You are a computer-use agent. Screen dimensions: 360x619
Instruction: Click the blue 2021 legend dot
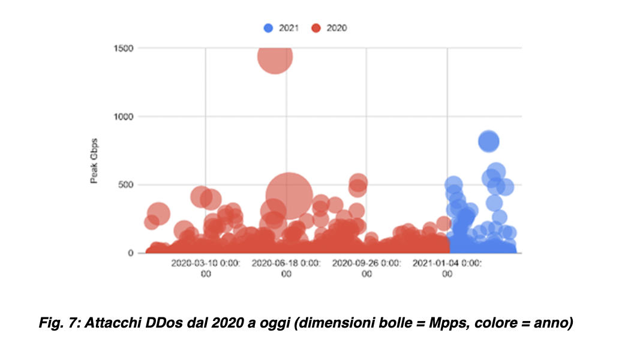(x=268, y=28)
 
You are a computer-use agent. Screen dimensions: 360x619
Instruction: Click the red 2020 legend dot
(x=316, y=28)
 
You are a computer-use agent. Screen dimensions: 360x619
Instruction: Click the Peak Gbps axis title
(x=94, y=161)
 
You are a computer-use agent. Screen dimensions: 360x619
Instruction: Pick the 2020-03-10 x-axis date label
(x=206, y=268)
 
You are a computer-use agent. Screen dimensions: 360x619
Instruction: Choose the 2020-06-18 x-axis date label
(x=286, y=268)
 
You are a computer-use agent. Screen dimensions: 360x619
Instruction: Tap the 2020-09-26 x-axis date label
(x=366, y=268)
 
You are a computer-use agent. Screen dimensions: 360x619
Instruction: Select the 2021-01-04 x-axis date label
(x=447, y=268)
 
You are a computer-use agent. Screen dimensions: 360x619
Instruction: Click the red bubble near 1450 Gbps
(x=275, y=56)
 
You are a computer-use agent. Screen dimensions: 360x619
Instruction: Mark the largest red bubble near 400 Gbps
(x=289, y=196)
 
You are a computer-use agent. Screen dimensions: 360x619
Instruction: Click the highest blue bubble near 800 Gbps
(x=489, y=141)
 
